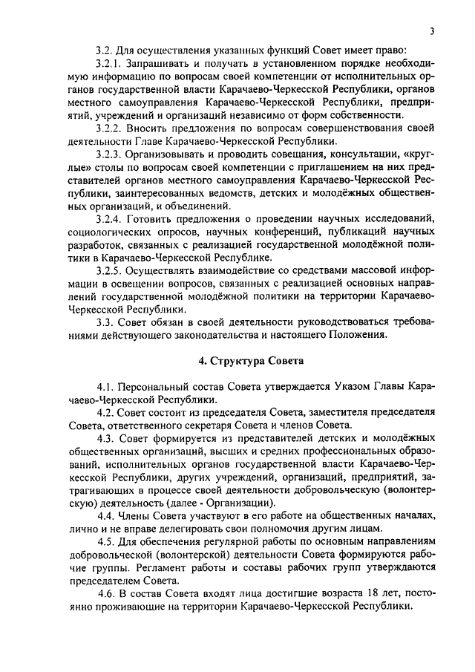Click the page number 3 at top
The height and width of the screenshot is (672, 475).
(430, 30)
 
